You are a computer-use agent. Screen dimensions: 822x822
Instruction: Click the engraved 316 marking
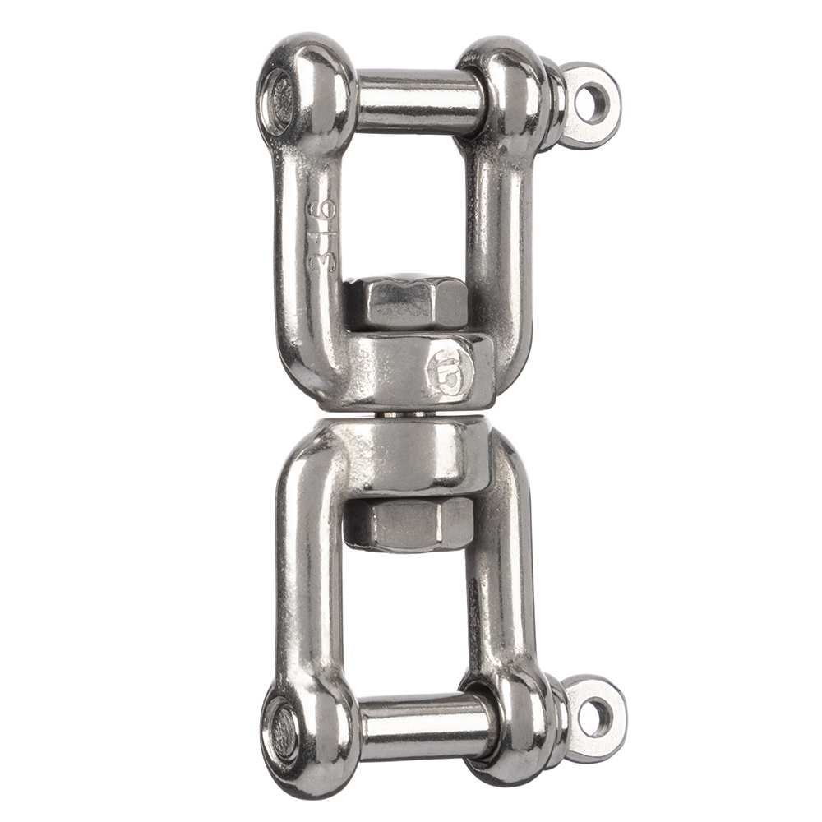pyautogui.click(x=321, y=233)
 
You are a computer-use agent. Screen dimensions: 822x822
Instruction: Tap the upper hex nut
pyautogui.click(x=404, y=302)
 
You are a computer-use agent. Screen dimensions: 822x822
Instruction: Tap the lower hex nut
pyautogui.click(x=409, y=523)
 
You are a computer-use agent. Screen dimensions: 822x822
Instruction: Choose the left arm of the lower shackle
pyautogui.click(x=304, y=575)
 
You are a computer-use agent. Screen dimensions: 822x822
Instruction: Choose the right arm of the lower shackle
pyautogui.click(x=497, y=575)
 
